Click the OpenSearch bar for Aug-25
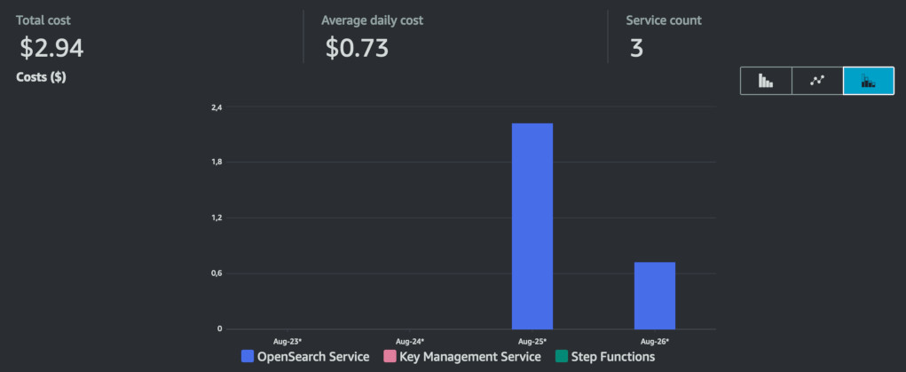pos(532,226)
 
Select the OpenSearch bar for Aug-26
pos(655,295)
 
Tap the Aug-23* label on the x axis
pos(288,341)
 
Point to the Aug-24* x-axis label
pos(410,341)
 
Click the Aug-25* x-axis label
pos(532,341)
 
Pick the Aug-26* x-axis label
pos(655,341)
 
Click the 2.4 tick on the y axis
pos(217,107)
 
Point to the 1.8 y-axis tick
pos(217,162)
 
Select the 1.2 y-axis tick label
pos(217,218)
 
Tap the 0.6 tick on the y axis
pos(217,273)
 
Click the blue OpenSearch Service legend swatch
pos(248,357)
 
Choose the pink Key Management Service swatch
pos(389,357)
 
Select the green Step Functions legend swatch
pos(562,357)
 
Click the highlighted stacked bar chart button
pos(869,81)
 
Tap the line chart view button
pos(817,81)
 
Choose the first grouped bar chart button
pos(766,81)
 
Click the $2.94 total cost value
pos(51,48)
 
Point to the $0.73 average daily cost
pos(357,48)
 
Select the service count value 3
pos(636,48)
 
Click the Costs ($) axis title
pos(41,77)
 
